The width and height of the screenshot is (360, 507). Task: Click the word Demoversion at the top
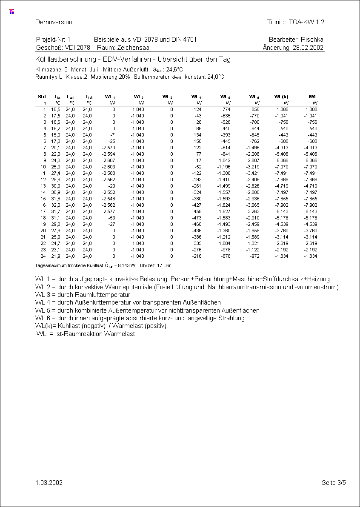[54, 22]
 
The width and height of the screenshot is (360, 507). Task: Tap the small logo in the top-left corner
[11, 12]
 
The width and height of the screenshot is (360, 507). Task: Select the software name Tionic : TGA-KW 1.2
[295, 22]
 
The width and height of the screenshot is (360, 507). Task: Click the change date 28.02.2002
[308, 48]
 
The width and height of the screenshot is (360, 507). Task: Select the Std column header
[42, 97]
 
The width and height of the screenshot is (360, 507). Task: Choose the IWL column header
[313, 97]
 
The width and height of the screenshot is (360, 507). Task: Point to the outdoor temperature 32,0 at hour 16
[56, 205]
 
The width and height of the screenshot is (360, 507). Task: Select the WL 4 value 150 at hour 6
[197, 141]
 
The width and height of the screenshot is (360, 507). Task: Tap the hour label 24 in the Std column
[43, 256]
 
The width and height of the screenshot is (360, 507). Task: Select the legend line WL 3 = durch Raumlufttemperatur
[83, 295]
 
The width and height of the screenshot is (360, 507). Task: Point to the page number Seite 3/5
[334, 483]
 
